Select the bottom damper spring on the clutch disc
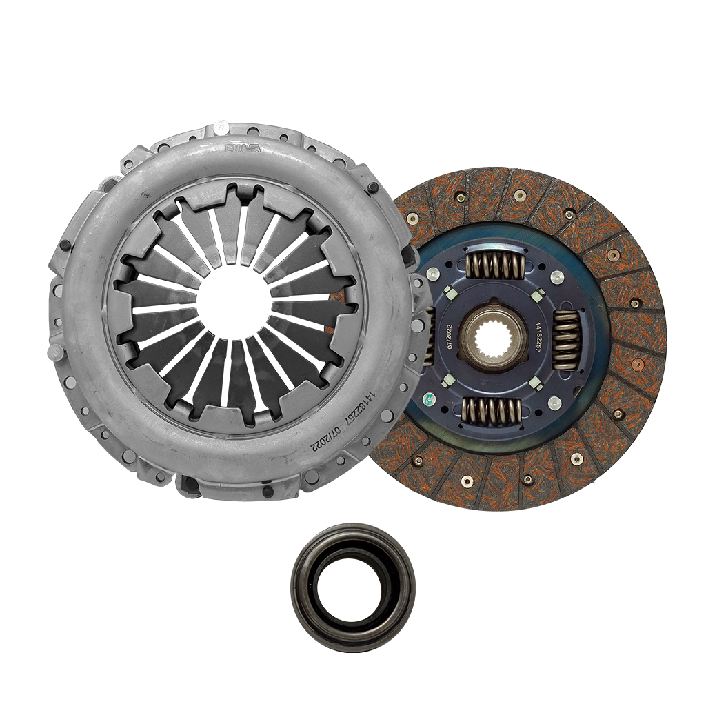[x=492, y=411]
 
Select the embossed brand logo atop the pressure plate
[x=243, y=148]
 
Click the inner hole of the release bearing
[x=353, y=587]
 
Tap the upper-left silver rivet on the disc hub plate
[x=433, y=274]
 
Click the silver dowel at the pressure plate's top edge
[x=220, y=127]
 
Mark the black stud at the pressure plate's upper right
[x=373, y=188]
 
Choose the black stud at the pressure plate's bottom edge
[x=267, y=491]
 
